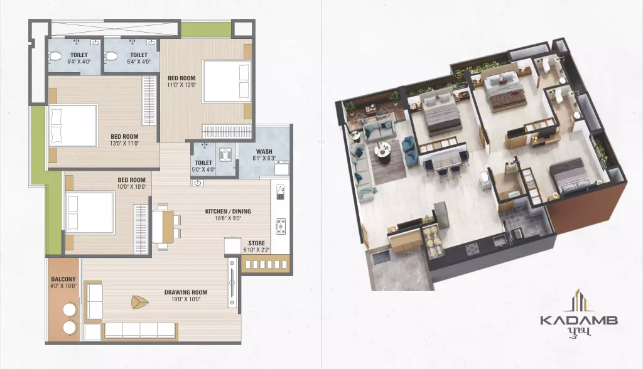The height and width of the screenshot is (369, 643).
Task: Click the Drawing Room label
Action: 186,292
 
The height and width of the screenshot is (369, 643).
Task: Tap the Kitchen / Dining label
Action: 228,211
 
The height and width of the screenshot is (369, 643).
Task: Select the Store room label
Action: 256,243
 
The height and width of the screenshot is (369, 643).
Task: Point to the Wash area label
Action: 264,152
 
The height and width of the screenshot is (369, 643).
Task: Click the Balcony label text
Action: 63,279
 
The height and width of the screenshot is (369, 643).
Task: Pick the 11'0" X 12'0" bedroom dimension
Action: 181,85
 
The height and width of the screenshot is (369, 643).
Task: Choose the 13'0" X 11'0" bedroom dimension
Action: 125,144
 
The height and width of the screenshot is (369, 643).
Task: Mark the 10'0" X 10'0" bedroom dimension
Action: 132,186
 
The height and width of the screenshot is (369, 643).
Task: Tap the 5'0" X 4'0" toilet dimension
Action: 203,169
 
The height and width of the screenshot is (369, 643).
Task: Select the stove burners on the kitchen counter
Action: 281,227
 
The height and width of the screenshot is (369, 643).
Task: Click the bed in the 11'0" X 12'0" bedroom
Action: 227,81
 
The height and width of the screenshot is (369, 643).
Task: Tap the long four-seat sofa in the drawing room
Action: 141,329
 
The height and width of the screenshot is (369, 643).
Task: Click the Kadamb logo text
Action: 578,320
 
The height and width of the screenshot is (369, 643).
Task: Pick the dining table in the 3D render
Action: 444,159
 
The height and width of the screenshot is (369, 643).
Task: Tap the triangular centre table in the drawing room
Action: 139,302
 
